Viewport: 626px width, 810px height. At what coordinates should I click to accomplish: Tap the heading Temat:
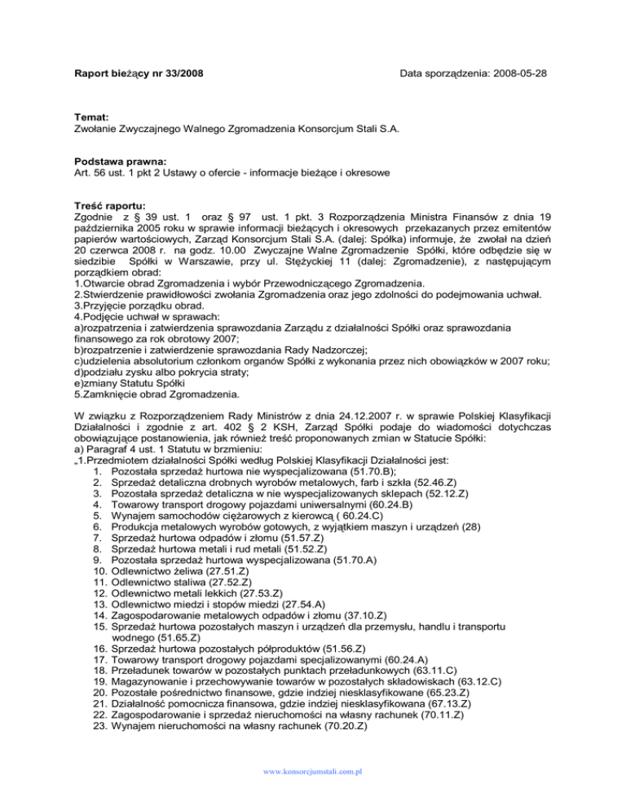click(86, 117)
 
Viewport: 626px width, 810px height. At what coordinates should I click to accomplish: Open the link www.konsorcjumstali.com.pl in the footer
click(313, 769)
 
